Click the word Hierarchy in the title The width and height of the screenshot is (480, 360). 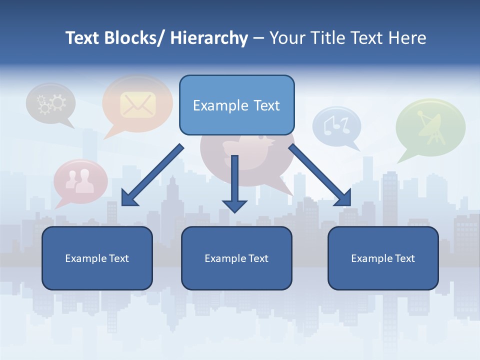coord(209,38)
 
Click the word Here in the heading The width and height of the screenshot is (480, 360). coord(408,38)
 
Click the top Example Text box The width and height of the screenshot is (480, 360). coord(236,105)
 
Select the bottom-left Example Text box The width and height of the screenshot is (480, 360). coord(97,258)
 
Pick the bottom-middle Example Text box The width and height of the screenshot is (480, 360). coord(236,258)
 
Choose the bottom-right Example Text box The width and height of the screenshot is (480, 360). coord(383,258)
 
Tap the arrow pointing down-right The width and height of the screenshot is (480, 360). coord(320,176)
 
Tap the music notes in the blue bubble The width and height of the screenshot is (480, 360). coord(335,124)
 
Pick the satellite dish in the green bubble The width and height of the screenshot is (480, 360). coord(429,125)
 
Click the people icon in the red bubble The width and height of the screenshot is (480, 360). coord(80,181)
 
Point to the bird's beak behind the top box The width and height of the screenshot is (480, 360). coord(273,143)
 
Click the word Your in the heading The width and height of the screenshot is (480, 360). coord(286,38)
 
